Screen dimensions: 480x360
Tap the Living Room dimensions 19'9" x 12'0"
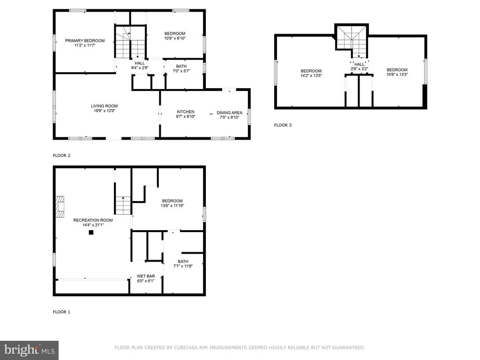[x=105, y=111]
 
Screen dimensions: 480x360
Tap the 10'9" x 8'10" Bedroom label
[x=175, y=36]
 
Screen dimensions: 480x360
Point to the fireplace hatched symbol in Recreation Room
[x=60, y=207]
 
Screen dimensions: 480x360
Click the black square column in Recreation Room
[x=91, y=232]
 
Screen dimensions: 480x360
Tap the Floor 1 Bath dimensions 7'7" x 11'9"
[x=183, y=266]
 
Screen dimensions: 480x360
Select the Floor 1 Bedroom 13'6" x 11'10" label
[x=172, y=203]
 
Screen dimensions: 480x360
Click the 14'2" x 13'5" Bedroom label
[x=311, y=73]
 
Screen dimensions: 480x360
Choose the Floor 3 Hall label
[x=360, y=67]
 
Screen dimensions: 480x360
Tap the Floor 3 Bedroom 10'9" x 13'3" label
[x=397, y=72]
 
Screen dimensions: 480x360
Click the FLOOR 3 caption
[x=283, y=125]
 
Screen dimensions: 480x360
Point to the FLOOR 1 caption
[x=61, y=312]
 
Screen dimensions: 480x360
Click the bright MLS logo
[x=30, y=350]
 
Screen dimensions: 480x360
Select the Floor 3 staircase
[x=352, y=42]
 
